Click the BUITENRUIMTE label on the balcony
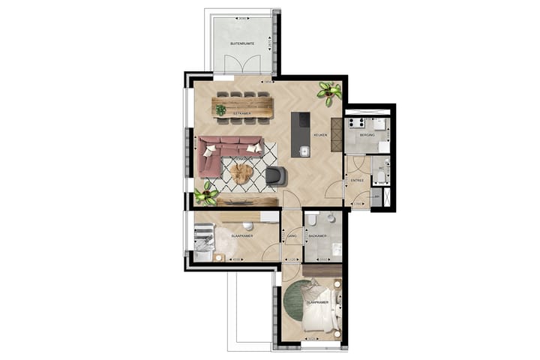(x=241, y=44)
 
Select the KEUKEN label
(x=320, y=136)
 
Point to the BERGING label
(x=367, y=135)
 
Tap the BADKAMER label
(x=318, y=236)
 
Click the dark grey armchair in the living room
(x=276, y=175)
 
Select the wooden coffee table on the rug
(x=241, y=173)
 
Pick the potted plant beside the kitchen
(x=328, y=92)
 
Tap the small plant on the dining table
(x=220, y=110)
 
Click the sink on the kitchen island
(x=304, y=151)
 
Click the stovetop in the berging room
(x=354, y=121)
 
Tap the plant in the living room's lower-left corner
(x=205, y=195)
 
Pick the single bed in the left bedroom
(x=204, y=239)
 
